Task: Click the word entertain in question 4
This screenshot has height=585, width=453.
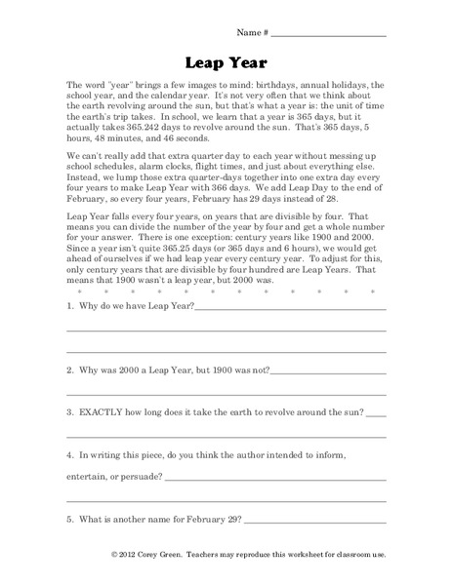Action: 89,479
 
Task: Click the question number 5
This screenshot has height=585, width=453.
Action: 69,519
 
